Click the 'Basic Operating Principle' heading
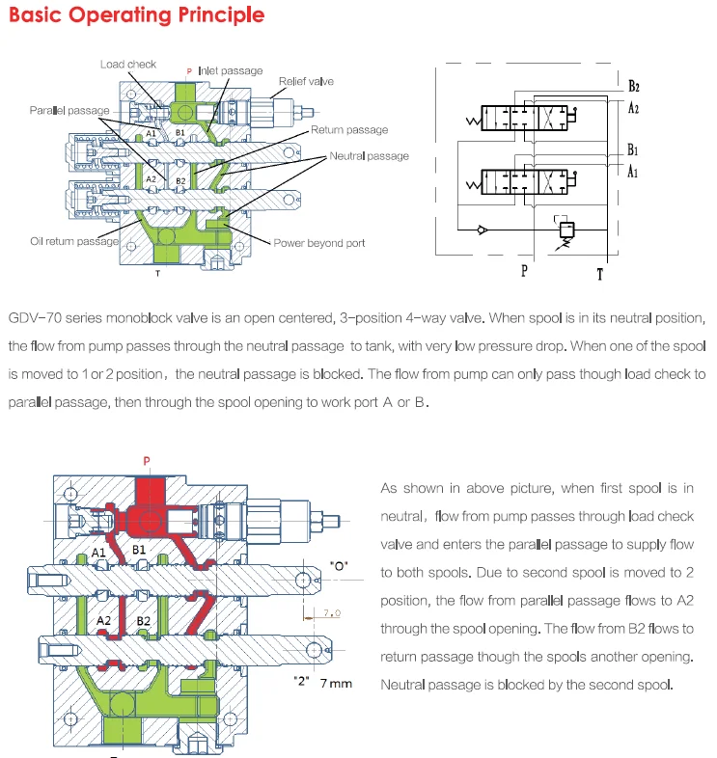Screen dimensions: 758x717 point(136,16)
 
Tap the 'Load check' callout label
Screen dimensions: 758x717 point(128,65)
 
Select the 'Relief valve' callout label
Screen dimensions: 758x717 point(306,82)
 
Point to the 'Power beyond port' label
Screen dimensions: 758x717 point(319,243)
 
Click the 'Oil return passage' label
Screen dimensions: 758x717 point(74,241)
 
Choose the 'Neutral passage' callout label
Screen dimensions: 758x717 point(369,155)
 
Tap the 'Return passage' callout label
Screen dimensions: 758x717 point(349,130)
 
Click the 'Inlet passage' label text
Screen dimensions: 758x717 point(230,70)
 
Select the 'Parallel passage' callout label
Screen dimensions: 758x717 point(69,111)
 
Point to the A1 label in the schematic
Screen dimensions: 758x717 point(633,173)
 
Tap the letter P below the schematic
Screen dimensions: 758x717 point(525,271)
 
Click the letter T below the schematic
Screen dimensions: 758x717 point(600,273)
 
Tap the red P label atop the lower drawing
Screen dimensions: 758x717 point(146,461)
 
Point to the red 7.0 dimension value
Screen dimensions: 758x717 point(331,612)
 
